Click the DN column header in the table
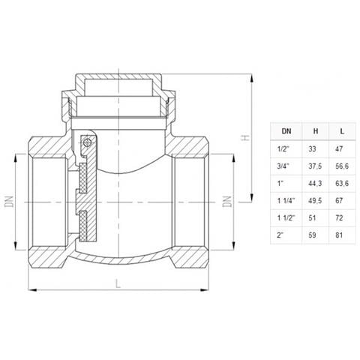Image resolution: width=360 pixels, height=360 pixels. tap(286, 131)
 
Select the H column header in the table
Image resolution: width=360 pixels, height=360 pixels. tap(316, 131)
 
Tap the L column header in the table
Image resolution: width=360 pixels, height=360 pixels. tap(342, 131)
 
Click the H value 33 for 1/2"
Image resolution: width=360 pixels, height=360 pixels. tap(312, 149)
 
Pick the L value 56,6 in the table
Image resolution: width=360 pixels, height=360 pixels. tap(342, 166)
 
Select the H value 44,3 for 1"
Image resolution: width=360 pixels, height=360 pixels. tap(315, 184)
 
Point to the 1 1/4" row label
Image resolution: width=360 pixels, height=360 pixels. tap(286, 200)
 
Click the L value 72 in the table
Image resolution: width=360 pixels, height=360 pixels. tap(339, 217)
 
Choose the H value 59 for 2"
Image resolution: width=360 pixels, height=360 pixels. tap(312, 235)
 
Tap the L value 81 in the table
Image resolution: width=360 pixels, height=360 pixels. tap(339, 235)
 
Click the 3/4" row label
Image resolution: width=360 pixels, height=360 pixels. tap(283, 166)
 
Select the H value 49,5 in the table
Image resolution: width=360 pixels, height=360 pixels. tap(315, 201)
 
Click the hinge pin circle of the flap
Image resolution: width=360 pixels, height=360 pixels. tap(87, 142)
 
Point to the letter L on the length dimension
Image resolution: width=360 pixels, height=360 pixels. tap(118, 283)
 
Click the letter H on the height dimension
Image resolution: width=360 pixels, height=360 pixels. tap(245, 137)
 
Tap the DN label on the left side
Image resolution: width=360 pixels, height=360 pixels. tap(10, 202)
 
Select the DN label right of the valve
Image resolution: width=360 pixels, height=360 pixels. tap(227, 202)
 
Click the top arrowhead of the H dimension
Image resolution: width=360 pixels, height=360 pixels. tap(251, 78)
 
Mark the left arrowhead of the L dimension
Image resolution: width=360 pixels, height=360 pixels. tap(33, 290)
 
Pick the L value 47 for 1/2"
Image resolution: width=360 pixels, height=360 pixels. tap(339, 149)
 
